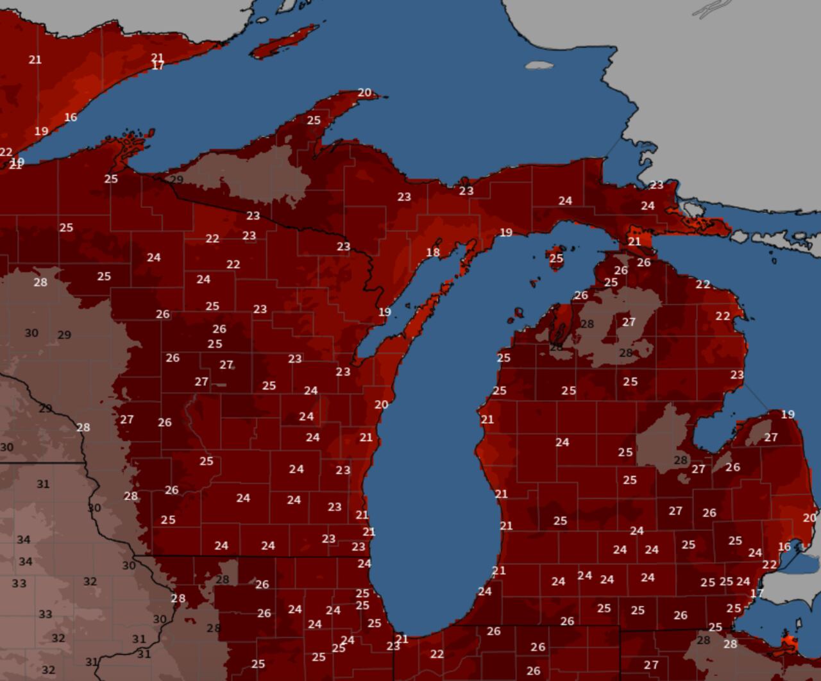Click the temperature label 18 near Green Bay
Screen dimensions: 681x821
pos(433,252)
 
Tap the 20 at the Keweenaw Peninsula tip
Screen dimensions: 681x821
pos(364,92)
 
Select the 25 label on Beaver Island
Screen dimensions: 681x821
pos(556,258)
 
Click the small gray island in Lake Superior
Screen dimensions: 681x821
pos(539,65)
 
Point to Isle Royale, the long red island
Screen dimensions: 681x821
pos(285,41)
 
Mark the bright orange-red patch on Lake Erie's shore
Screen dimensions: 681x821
pos(788,643)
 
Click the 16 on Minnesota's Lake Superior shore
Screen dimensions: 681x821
pos(71,117)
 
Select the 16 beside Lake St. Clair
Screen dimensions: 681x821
pos(784,546)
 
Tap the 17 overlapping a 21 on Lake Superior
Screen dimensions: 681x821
pos(158,65)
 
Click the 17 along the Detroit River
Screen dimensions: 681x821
pos(757,593)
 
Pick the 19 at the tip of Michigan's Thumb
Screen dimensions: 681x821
pos(788,414)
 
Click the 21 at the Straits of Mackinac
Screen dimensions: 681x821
pos(634,241)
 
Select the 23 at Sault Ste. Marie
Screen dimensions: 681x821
pos(656,185)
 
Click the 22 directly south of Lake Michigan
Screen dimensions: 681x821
pos(437,654)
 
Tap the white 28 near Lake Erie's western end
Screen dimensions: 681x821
pos(730,644)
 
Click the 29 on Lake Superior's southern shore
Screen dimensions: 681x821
pos(176,180)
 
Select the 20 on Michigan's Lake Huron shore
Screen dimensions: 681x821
pos(809,517)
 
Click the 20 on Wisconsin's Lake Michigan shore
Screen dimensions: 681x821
pos(381,405)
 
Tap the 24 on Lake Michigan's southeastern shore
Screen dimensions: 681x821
pos(484,591)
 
